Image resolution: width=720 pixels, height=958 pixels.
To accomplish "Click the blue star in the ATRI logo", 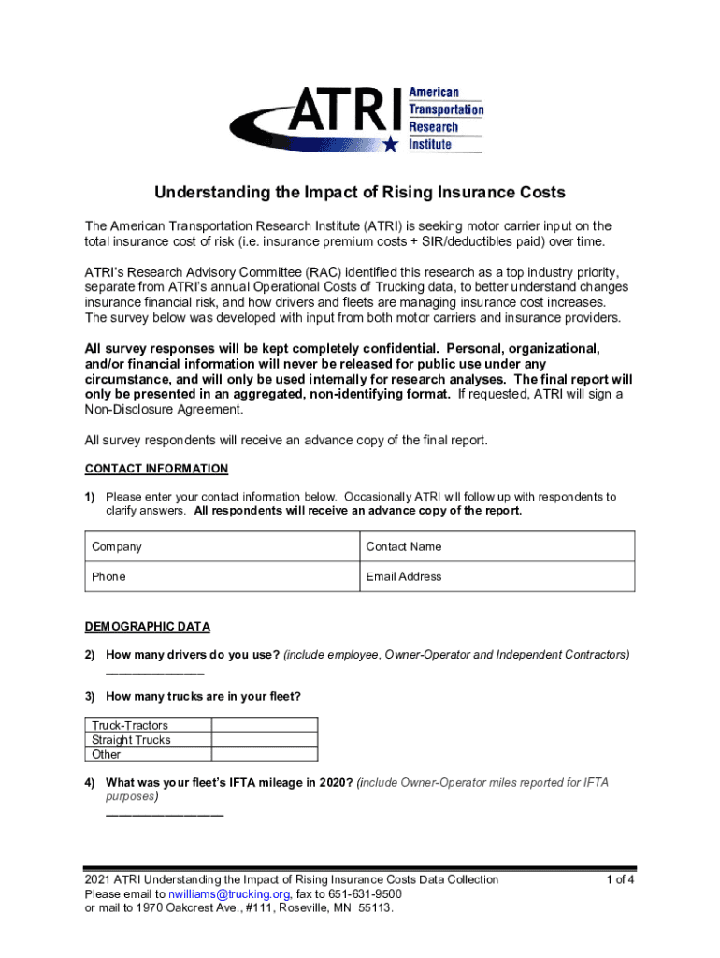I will point(391,143).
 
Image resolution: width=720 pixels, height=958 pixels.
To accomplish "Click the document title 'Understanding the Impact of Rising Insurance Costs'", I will point(360,193).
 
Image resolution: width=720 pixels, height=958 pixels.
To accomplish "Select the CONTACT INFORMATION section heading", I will point(156,469).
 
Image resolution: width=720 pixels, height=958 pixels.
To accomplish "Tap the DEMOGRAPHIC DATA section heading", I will point(148,627).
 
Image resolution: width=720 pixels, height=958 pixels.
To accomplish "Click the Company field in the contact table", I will point(222,547).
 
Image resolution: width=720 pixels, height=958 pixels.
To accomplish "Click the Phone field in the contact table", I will point(222,577).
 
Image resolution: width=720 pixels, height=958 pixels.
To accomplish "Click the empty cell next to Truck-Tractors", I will point(265,725).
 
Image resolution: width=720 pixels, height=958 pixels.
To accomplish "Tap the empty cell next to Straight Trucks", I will point(265,740).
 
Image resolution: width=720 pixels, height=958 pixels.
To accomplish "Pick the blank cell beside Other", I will point(265,754).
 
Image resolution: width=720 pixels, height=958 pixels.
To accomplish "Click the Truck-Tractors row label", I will point(130,725).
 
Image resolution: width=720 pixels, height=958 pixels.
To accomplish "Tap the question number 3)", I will point(91,696).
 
